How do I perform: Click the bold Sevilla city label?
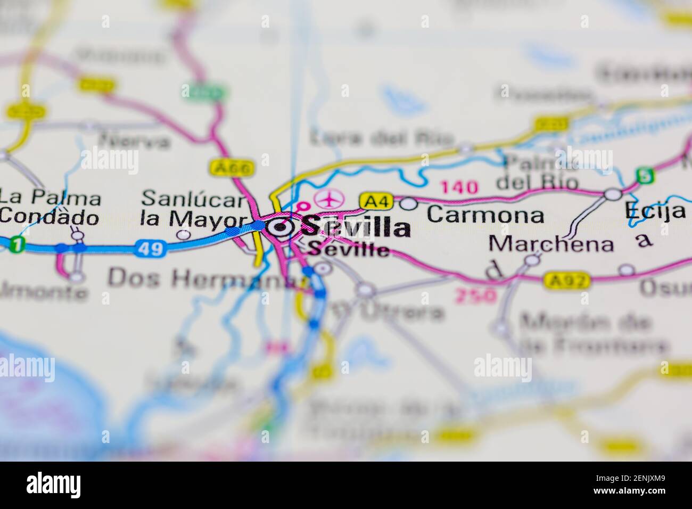point(356,227)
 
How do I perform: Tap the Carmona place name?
point(485,215)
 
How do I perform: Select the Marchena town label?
point(551,244)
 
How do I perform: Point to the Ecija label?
point(655,210)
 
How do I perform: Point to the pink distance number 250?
point(475,295)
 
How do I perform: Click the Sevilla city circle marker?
point(280,228)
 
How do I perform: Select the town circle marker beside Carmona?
point(408,203)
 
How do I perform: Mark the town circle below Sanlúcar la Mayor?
point(184,234)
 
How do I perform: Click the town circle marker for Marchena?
point(532,260)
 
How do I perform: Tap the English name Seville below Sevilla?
point(349,249)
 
